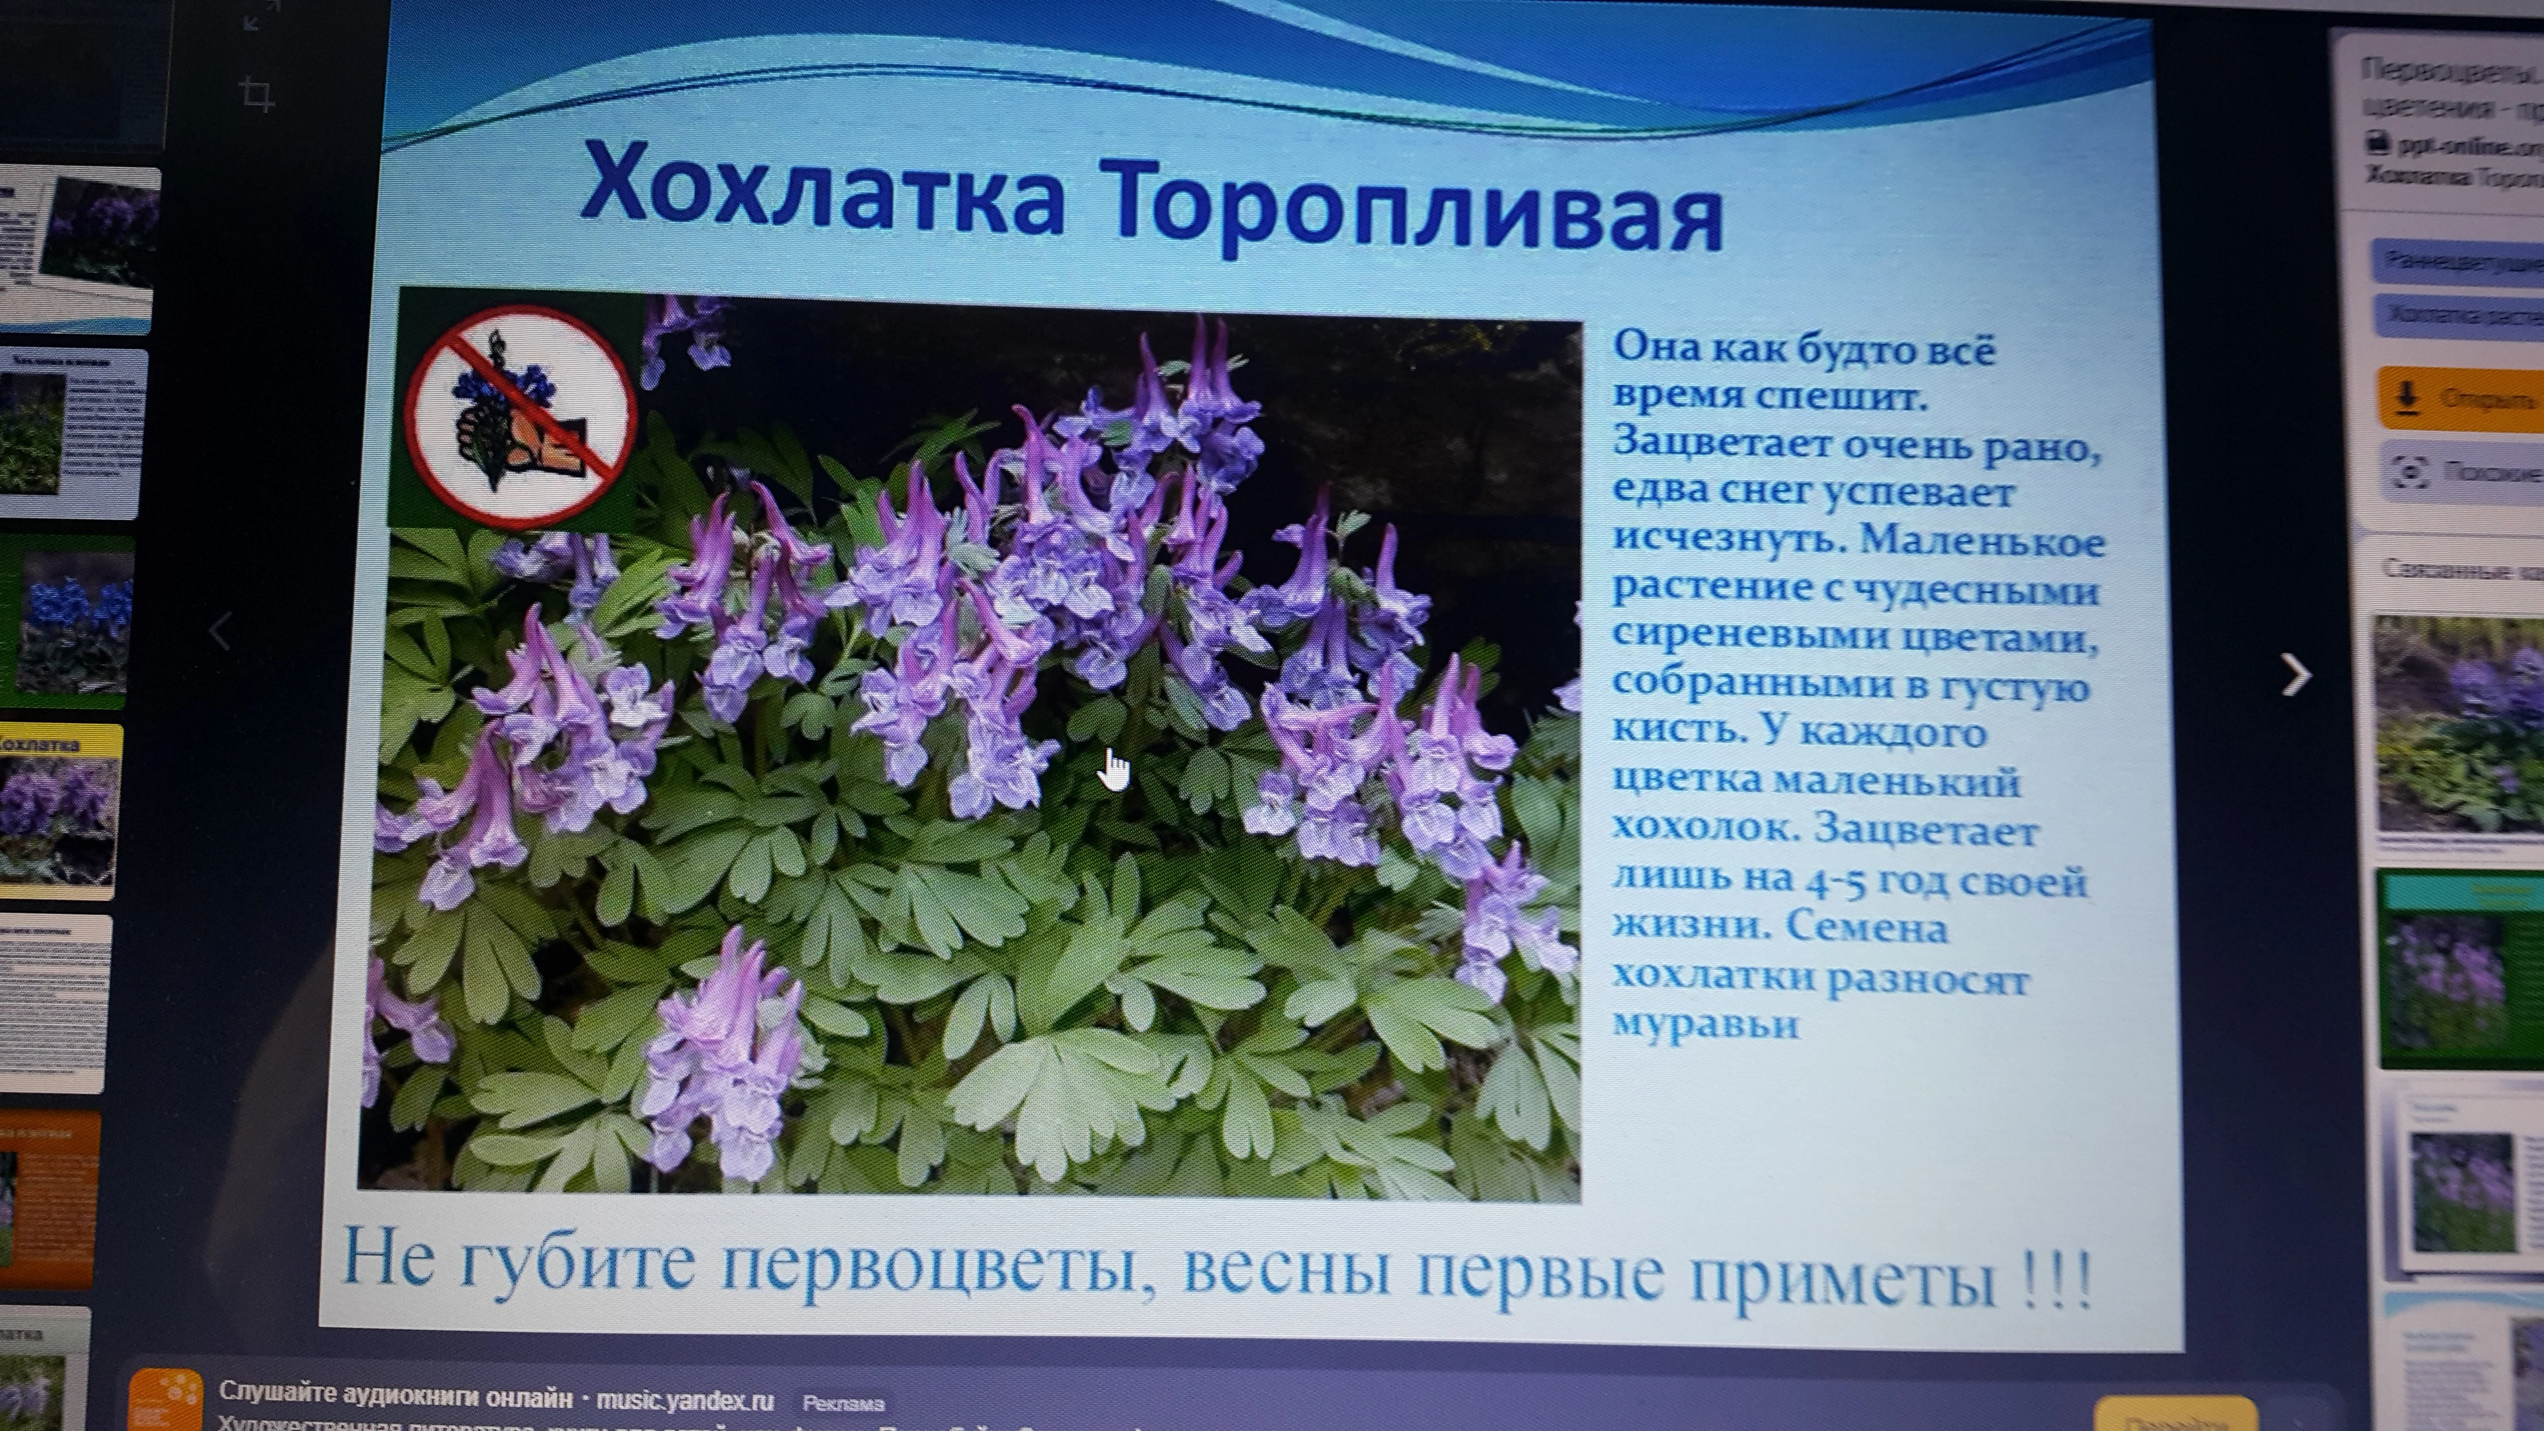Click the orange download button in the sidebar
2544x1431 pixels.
2459,398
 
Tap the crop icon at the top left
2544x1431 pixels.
257,96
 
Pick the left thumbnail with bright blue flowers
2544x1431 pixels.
69,622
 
